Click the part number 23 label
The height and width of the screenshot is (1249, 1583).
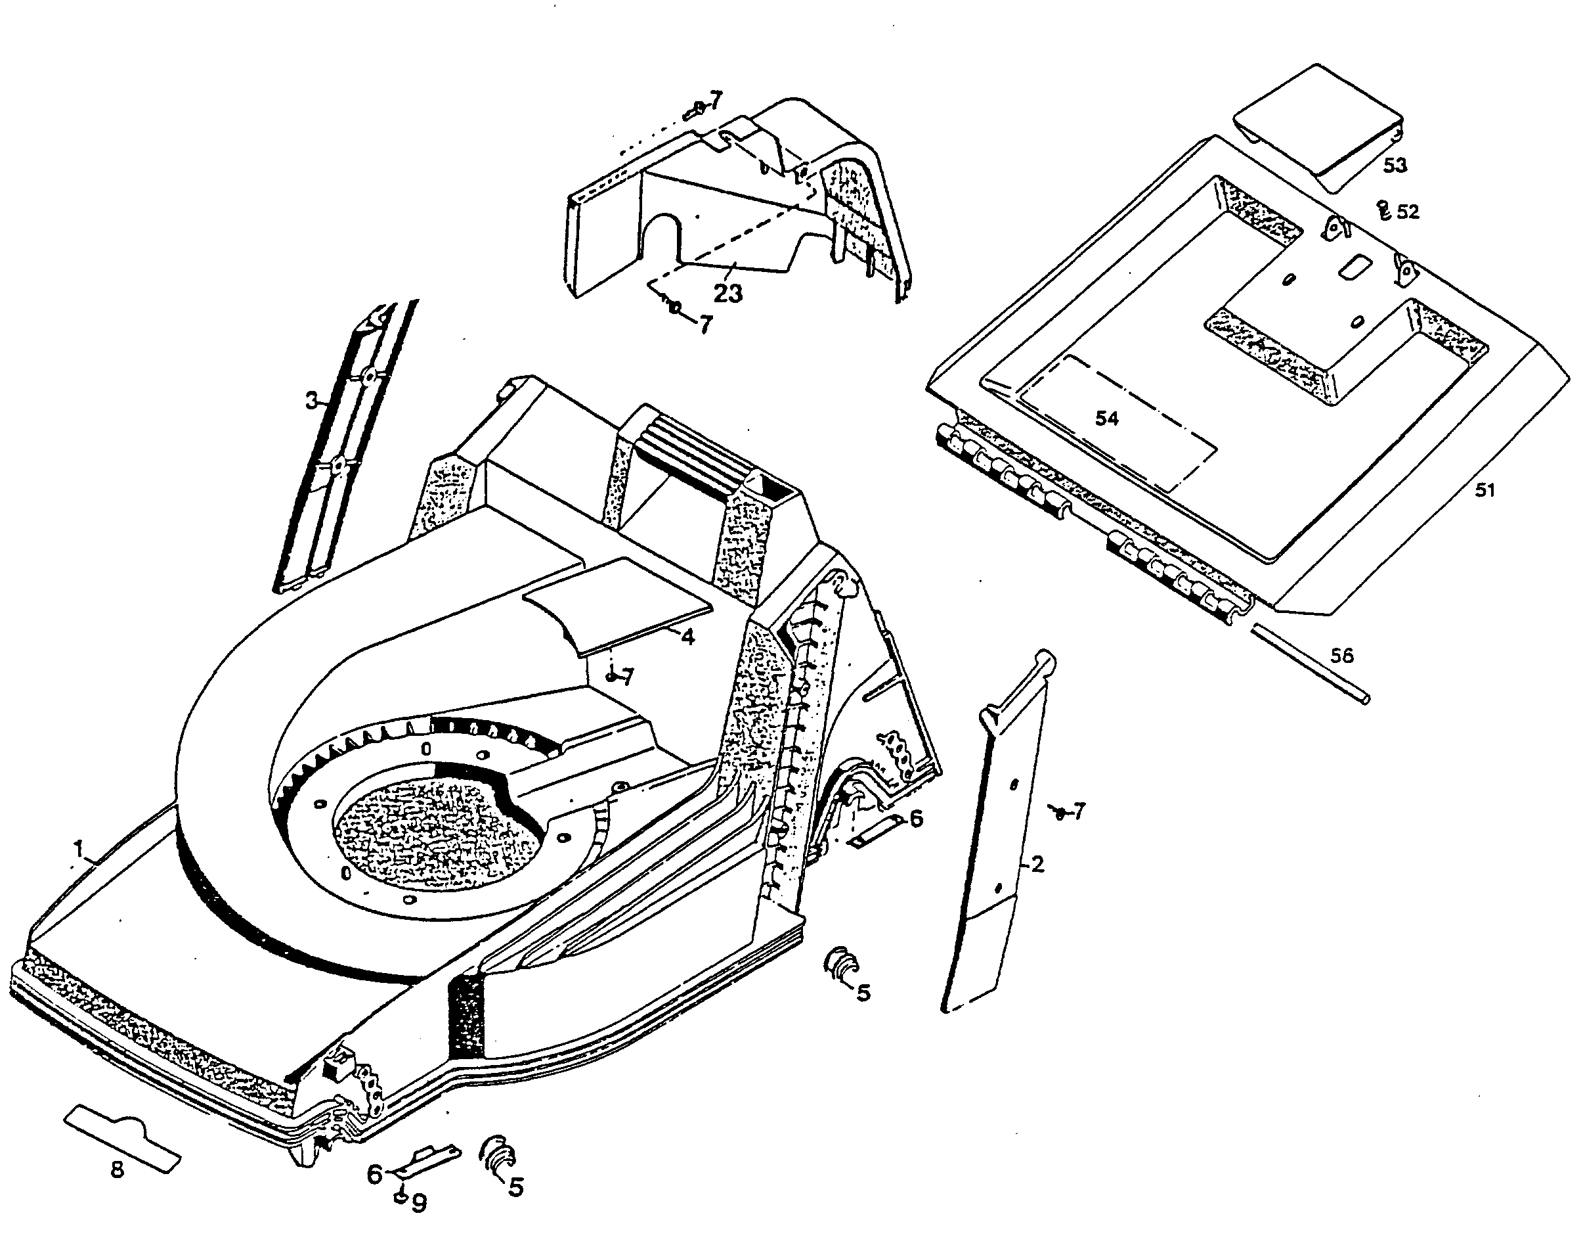pos(728,293)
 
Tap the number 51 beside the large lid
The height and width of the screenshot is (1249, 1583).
pos(1485,489)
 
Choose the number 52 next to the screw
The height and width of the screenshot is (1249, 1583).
pos(1407,212)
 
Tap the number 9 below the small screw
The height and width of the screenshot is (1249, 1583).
pos(419,1204)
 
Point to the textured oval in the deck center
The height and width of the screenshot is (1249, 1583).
pos(437,828)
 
